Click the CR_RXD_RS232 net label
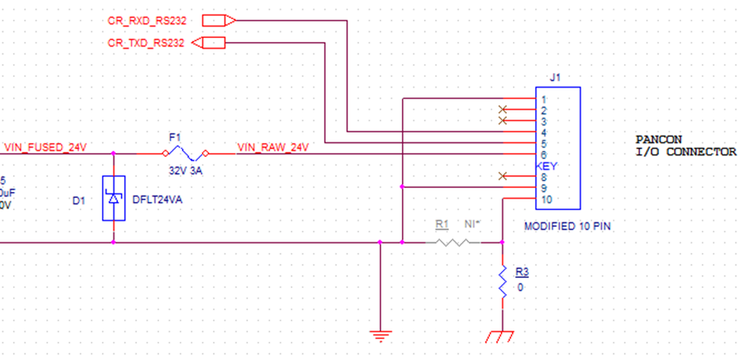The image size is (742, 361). [147, 21]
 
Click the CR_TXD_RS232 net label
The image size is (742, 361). [146, 43]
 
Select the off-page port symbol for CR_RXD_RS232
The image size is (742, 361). [218, 21]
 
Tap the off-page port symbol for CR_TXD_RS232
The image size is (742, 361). [209, 43]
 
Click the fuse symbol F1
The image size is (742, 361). [186, 153]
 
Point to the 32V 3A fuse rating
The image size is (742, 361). [186, 171]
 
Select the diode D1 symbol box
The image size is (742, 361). [113, 198]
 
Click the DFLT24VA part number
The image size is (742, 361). [157, 200]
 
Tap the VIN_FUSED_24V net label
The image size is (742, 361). [46, 147]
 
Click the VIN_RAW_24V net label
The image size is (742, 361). [273, 147]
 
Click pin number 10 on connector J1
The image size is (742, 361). [546, 200]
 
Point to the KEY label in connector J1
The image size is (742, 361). [546, 166]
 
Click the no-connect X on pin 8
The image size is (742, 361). [503, 176]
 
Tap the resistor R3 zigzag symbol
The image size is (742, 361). [502, 282]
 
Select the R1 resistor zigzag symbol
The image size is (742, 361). [453, 242]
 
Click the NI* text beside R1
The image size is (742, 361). [473, 224]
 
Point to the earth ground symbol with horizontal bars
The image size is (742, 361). [381, 337]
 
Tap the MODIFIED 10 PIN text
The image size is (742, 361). [568, 226]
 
